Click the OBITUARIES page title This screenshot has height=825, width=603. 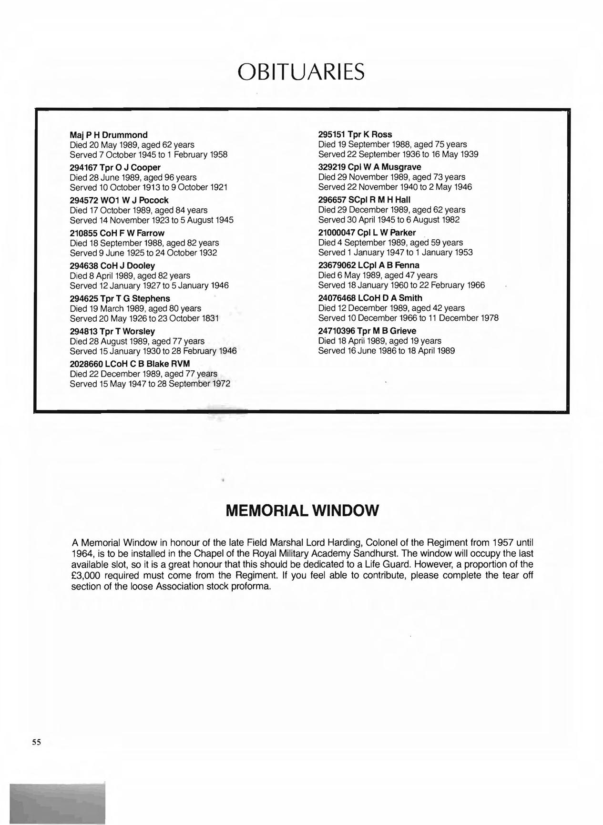click(301, 72)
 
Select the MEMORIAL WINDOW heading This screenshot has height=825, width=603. click(302, 510)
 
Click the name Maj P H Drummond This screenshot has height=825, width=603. click(109, 135)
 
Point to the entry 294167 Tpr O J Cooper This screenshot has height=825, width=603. click(115, 167)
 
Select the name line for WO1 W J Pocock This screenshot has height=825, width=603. click(119, 200)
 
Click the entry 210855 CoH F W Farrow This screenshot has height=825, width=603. click(117, 233)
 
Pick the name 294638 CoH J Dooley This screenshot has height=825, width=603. click(112, 265)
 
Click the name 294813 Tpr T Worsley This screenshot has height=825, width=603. click(112, 331)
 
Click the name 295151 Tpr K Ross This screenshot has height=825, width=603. click(355, 134)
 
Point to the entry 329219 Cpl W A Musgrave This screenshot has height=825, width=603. click(369, 167)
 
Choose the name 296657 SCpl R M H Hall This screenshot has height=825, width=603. click(364, 200)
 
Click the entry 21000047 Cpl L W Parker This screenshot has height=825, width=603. click(367, 233)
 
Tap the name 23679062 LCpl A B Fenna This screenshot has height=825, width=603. click(368, 265)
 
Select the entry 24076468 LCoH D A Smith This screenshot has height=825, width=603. click(370, 298)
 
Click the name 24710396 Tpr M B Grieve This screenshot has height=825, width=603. click(367, 331)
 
